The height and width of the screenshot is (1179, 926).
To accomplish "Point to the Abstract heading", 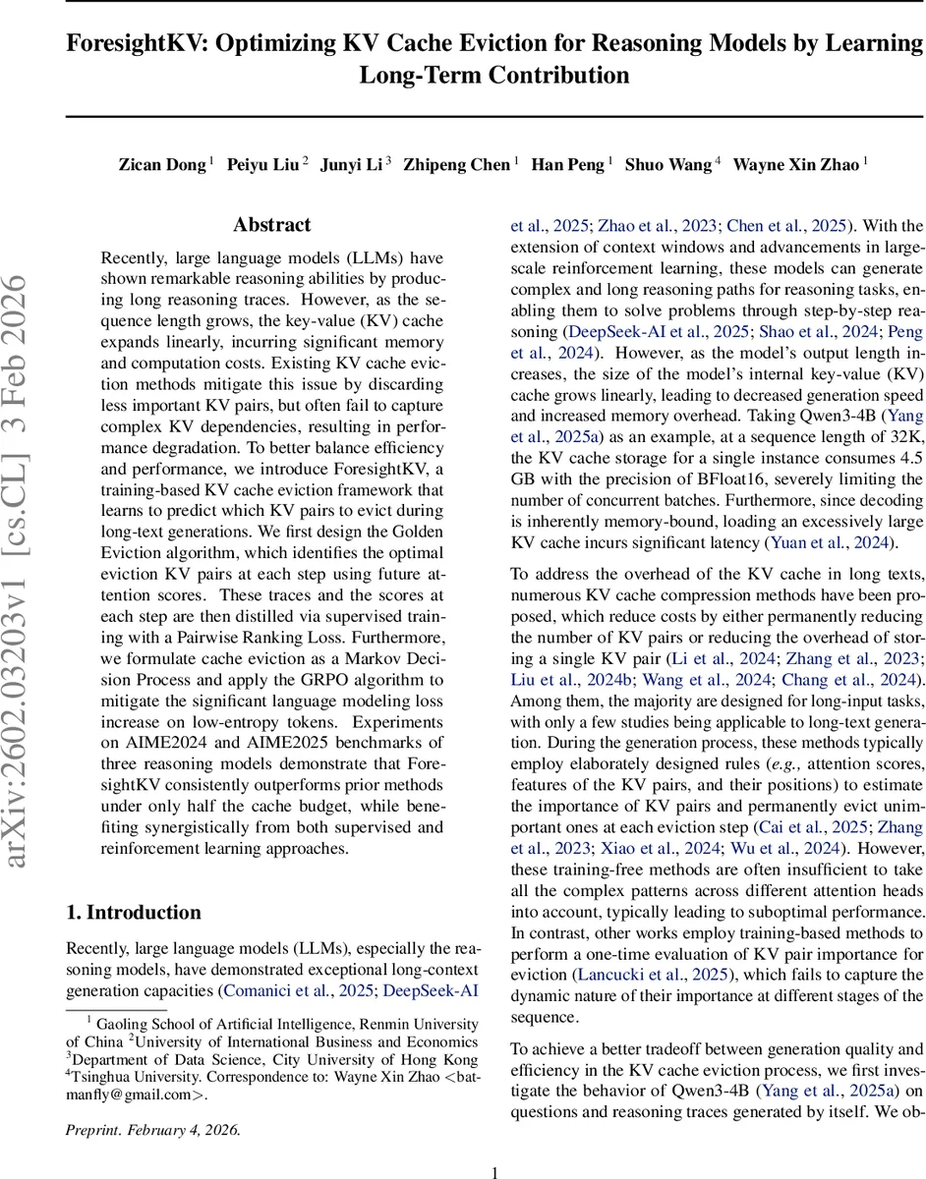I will pos(271,225).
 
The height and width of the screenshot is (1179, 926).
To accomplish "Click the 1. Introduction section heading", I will pos(134,912).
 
